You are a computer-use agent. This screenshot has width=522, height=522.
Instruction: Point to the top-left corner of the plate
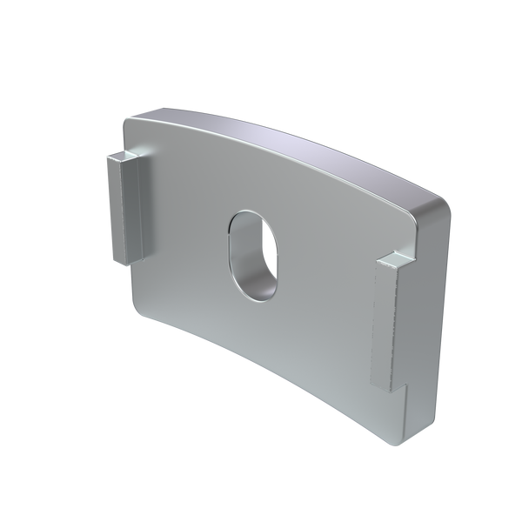pos(128,119)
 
